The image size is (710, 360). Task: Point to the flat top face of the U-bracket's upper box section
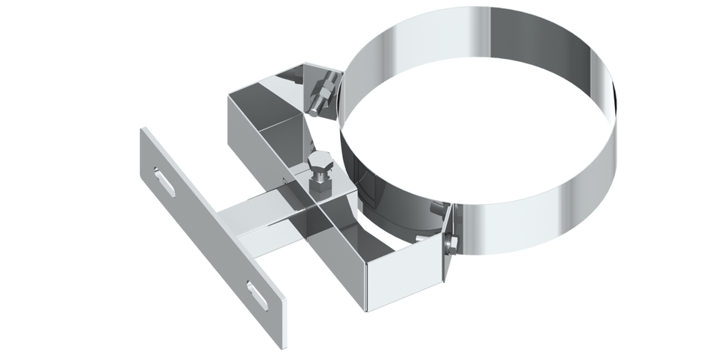[262, 105]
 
